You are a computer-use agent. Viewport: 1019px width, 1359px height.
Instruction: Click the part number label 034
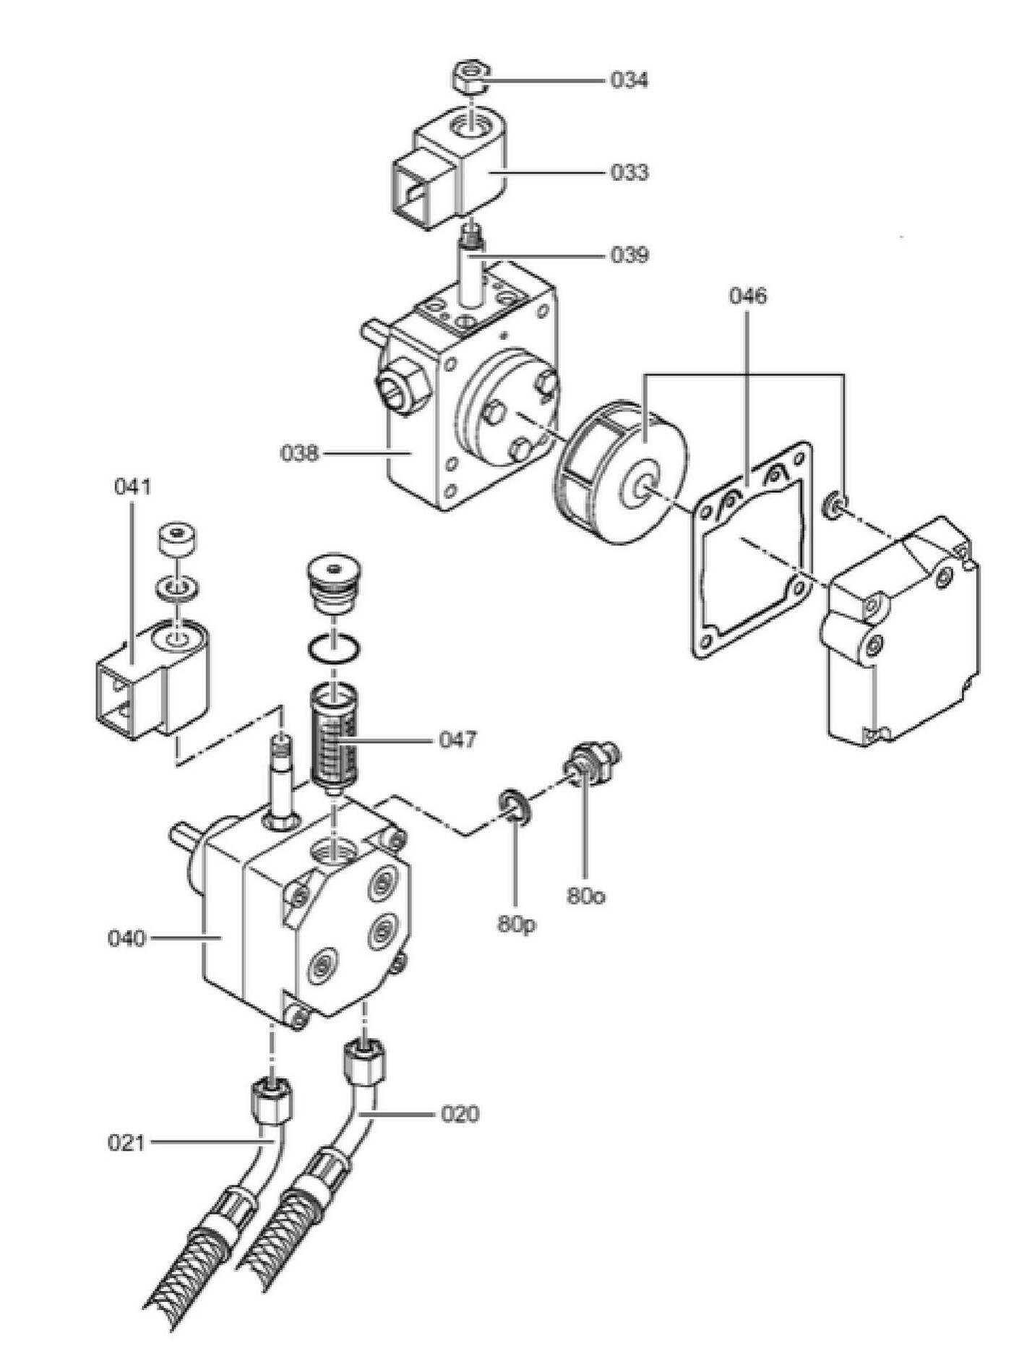pos(629,80)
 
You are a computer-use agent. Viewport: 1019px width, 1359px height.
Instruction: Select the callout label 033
pos(629,173)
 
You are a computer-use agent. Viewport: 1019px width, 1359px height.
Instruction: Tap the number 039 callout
pos(629,255)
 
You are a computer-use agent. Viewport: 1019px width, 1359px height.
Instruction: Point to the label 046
pos(747,296)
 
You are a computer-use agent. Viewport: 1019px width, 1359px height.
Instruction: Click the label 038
pos(299,453)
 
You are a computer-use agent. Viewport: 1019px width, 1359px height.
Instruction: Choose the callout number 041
pos(133,486)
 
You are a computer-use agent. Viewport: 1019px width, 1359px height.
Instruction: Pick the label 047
pos(458,740)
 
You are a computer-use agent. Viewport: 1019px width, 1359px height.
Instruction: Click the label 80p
pos(516,925)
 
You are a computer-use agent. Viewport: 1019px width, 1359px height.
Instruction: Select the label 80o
pos(585,896)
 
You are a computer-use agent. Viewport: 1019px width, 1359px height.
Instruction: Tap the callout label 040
pos(126,939)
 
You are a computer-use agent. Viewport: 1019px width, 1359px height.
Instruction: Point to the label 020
pos(460,1114)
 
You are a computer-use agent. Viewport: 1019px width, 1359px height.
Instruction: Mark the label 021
pos(126,1143)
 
